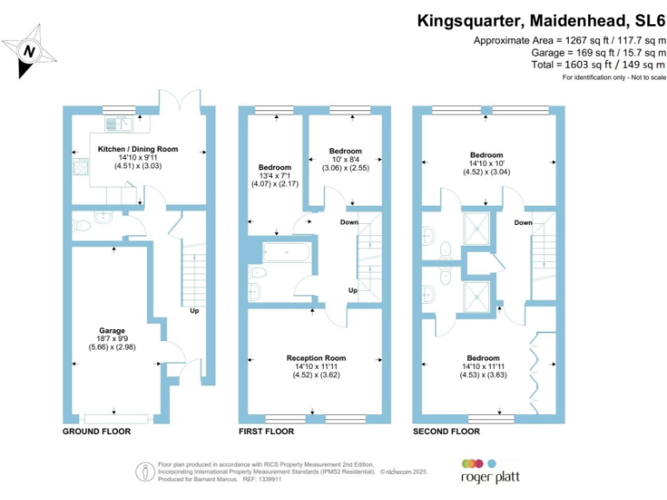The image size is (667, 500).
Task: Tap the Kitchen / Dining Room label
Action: [x=137, y=148]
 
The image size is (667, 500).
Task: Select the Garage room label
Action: [x=112, y=331]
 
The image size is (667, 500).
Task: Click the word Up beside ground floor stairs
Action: [x=195, y=309]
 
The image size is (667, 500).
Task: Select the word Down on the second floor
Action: [x=523, y=223]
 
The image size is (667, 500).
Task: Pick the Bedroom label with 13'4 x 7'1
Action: [x=274, y=167]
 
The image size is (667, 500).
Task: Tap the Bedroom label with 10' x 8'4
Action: [x=346, y=151]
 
